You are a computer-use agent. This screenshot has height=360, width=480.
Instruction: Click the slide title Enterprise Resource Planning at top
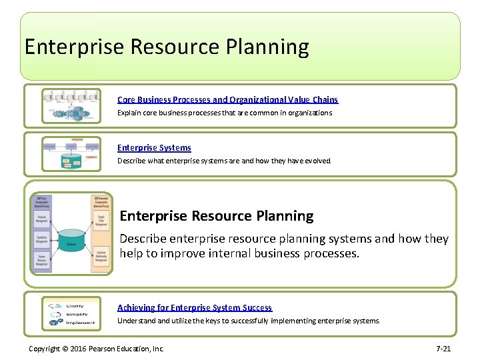(x=167, y=47)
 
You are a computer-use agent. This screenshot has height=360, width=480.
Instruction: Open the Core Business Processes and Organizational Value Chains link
(x=227, y=99)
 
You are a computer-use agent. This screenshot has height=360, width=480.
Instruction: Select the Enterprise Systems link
(x=154, y=148)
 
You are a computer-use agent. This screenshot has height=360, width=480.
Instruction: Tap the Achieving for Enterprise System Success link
(x=195, y=307)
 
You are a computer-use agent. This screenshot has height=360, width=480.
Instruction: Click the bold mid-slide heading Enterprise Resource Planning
(x=217, y=216)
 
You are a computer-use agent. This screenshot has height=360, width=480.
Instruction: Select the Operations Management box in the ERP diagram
(x=42, y=238)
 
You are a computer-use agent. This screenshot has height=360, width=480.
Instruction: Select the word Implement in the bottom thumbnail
(x=81, y=323)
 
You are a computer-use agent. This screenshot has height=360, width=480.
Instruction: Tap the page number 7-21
(x=443, y=349)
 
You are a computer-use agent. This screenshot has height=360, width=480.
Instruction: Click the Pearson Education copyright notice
(x=96, y=349)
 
